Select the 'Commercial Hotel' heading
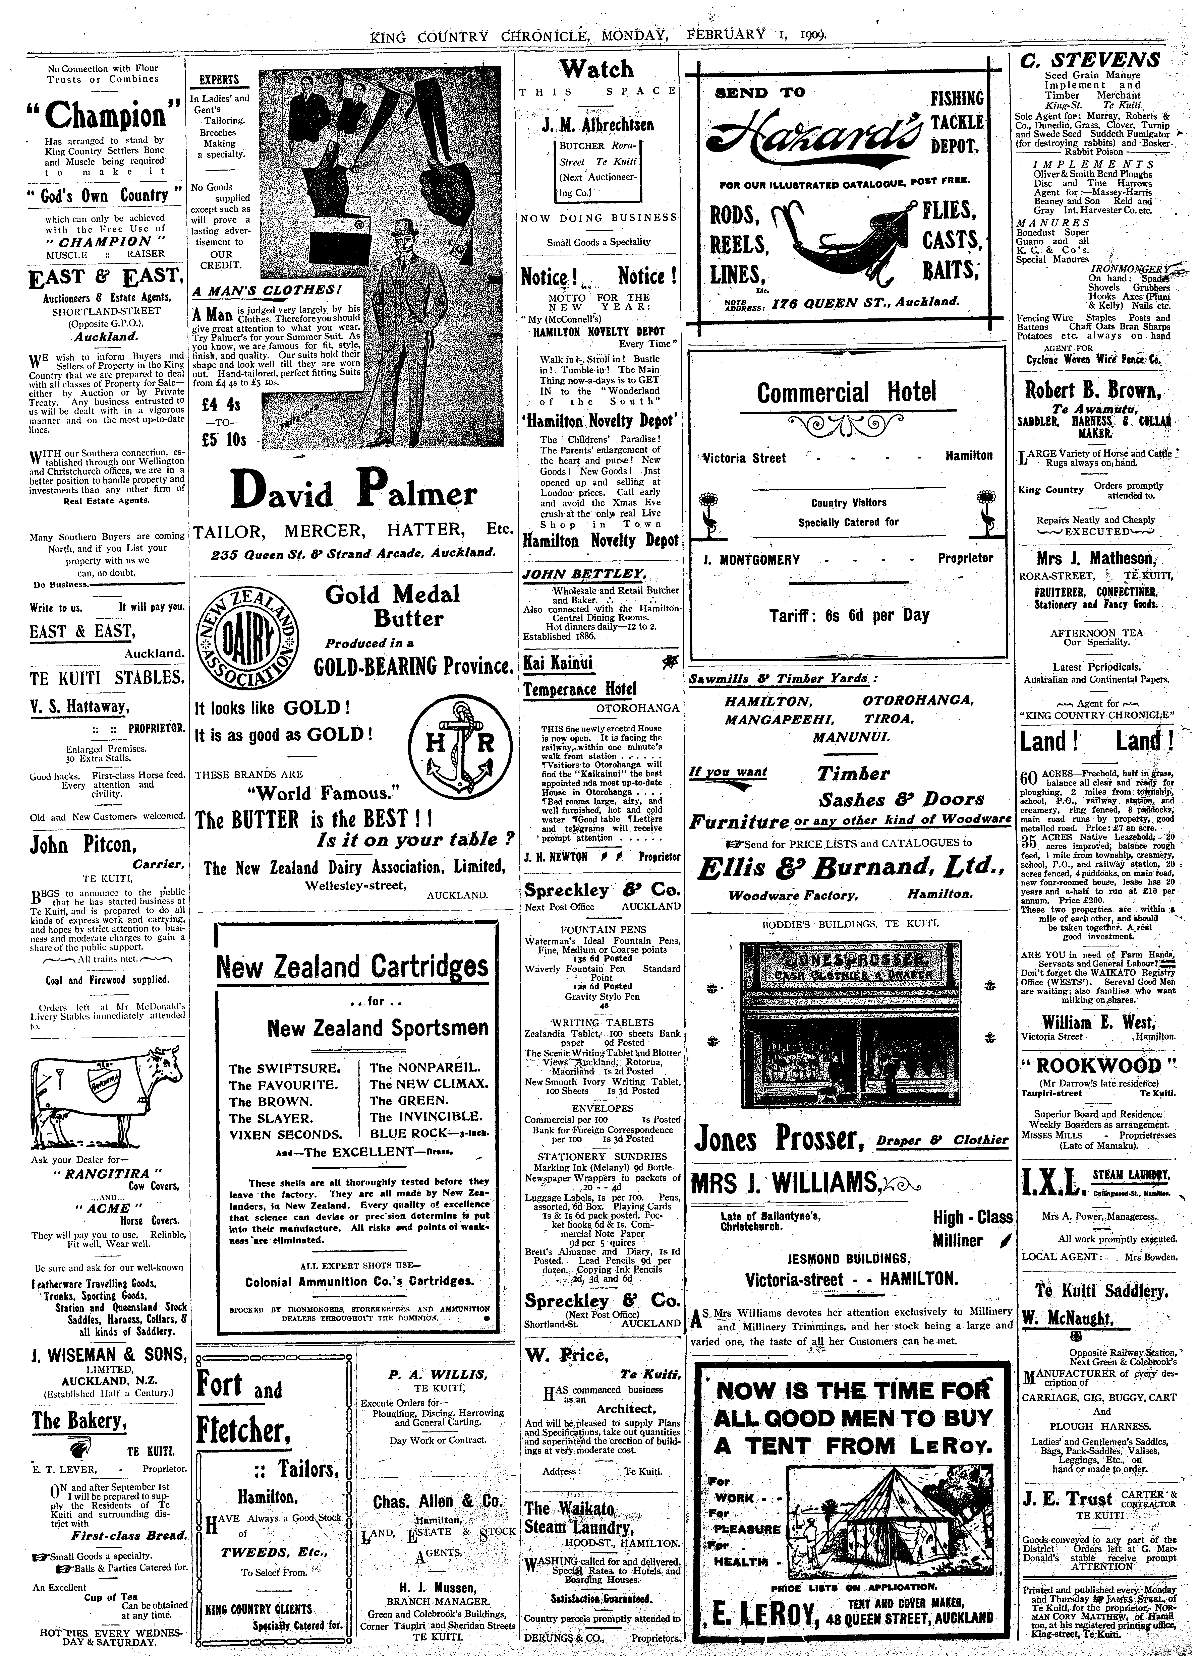coord(847,393)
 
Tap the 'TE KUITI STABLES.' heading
coord(106,678)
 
